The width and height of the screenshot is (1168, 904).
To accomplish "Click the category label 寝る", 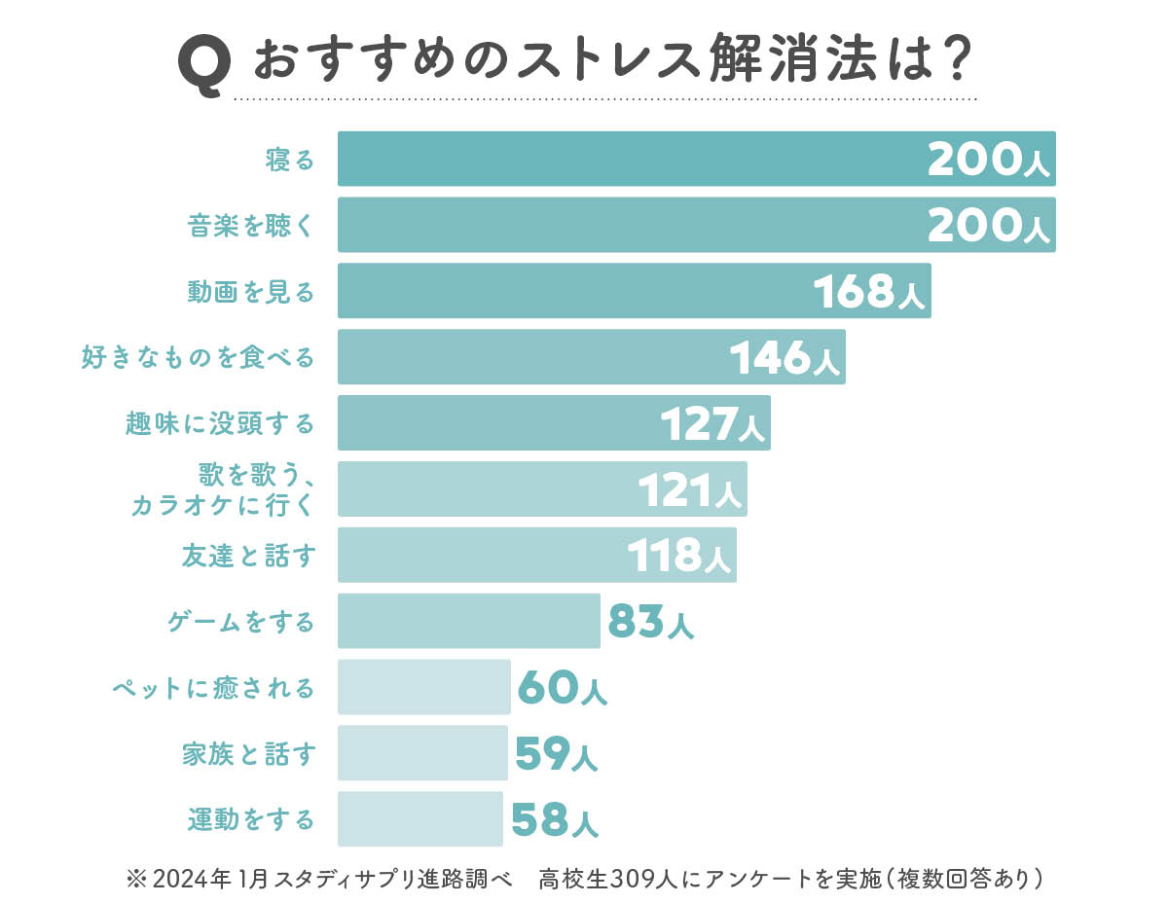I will pyautogui.click(x=290, y=160).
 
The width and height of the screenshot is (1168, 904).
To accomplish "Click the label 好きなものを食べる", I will pyautogui.click(x=198, y=358).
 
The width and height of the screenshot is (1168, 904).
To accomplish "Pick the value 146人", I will pyautogui.click(x=785, y=359).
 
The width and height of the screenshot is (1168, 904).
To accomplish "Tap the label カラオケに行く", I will pyautogui.click(x=222, y=505).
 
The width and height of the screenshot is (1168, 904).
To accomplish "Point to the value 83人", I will pyautogui.click(x=650, y=622).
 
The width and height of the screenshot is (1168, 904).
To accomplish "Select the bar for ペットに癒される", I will pyautogui.click(x=424, y=687).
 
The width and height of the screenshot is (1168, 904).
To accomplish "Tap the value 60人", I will pyautogui.click(x=562, y=688).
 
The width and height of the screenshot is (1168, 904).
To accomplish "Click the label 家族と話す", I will pyautogui.click(x=248, y=754).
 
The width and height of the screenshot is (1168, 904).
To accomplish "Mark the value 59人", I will pyautogui.click(x=556, y=754).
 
